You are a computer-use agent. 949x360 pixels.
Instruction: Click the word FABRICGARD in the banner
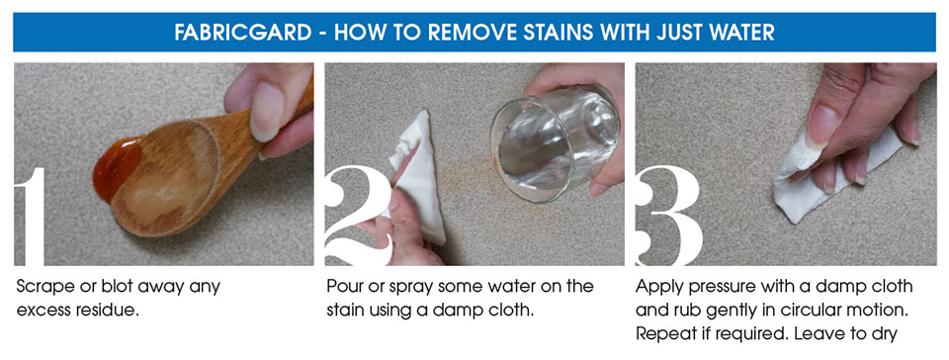tap(243, 32)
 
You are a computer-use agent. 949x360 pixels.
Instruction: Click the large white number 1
tap(30, 217)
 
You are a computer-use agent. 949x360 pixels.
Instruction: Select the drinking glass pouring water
tap(554, 142)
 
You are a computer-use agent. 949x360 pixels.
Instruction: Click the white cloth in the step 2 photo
tap(419, 174)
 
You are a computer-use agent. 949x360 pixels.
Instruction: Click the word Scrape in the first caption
tap(44, 287)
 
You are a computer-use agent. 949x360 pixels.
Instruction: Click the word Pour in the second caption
tap(344, 286)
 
